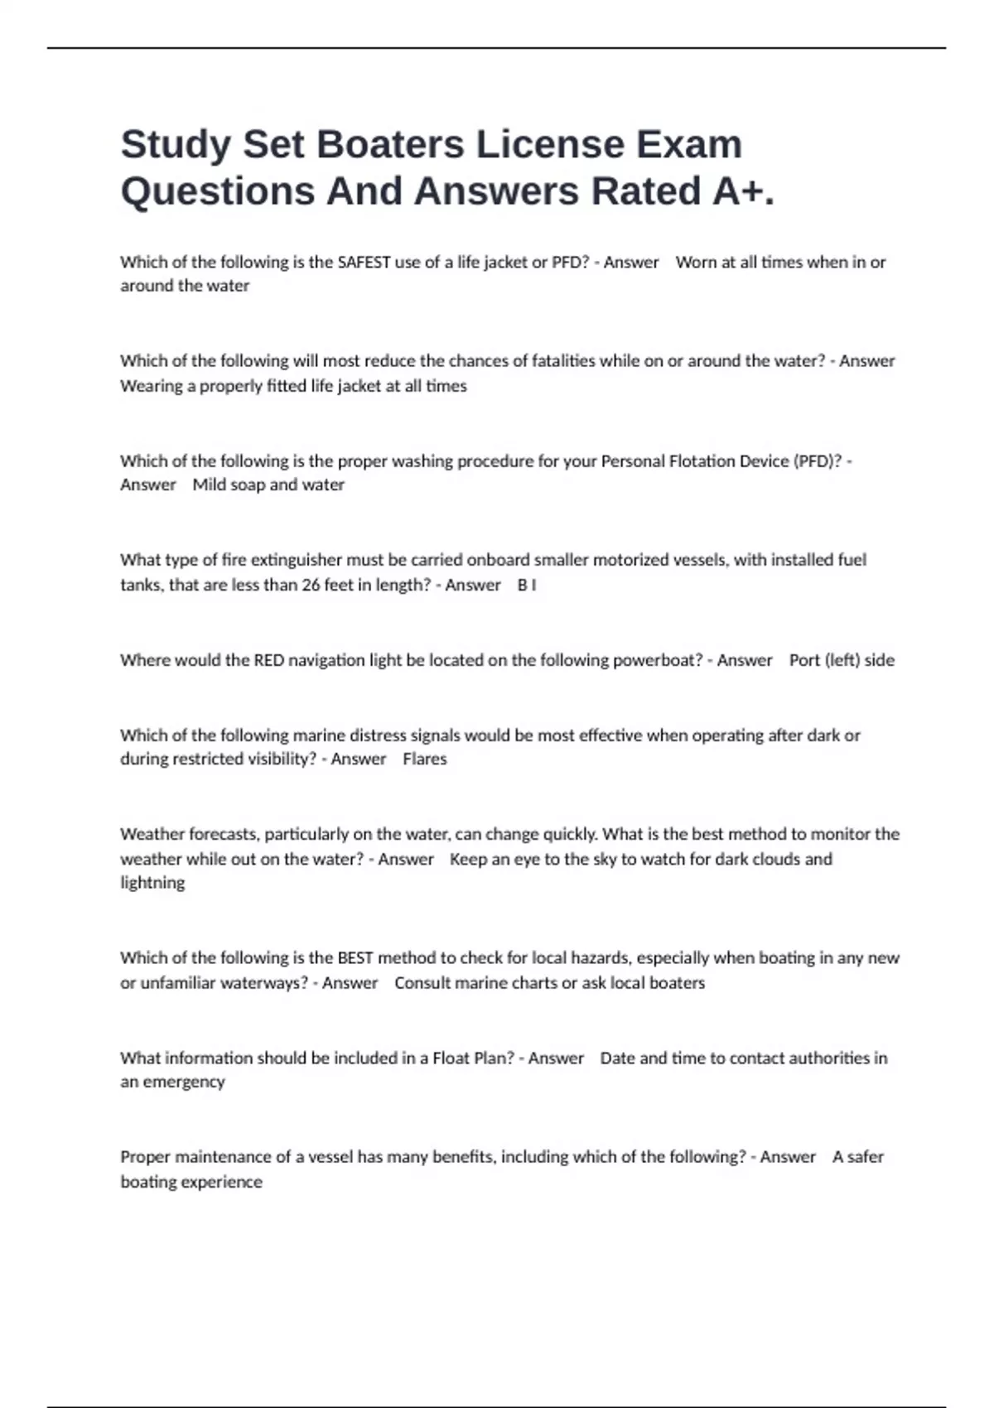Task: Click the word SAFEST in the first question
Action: [x=364, y=263]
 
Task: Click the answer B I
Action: [x=527, y=586]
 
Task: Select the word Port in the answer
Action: [x=804, y=661]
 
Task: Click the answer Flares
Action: [x=425, y=759]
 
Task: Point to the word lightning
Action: [x=152, y=884]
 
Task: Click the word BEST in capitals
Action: [x=355, y=958]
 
